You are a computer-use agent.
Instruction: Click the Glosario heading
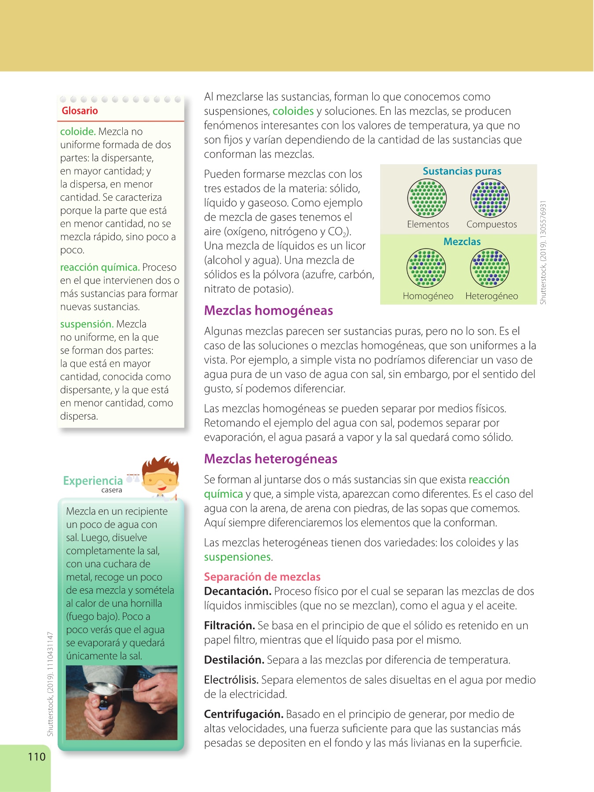[x=80, y=111]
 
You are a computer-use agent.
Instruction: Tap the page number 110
[x=37, y=757]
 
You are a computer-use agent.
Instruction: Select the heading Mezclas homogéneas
[x=268, y=311]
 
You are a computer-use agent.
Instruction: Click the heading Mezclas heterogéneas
[x=271, y=459]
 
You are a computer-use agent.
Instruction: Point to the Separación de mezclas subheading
[x=262, y=577]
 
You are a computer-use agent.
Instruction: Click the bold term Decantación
[x=238, y=591]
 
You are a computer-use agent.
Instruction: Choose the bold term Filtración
[x=229, y=626]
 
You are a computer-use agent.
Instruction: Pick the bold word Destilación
[x=234, y=660]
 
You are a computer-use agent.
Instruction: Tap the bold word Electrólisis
[x=231, y=680]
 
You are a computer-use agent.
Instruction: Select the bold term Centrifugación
[x=243, y=714]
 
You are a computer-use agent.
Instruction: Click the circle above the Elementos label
[x=427, y=198]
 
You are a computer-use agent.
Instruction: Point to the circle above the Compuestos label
[x=490, y=198]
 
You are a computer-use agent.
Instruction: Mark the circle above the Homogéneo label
[x=426, y=268]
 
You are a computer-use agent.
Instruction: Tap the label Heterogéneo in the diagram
[x=491, y=296]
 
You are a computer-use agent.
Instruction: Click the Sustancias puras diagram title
[x=462, y=172]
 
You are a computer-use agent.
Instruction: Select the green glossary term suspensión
[x=87, y=324]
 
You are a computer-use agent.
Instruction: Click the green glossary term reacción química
[x=100, y=268]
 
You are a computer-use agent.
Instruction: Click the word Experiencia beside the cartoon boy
[x=93, y=481]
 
